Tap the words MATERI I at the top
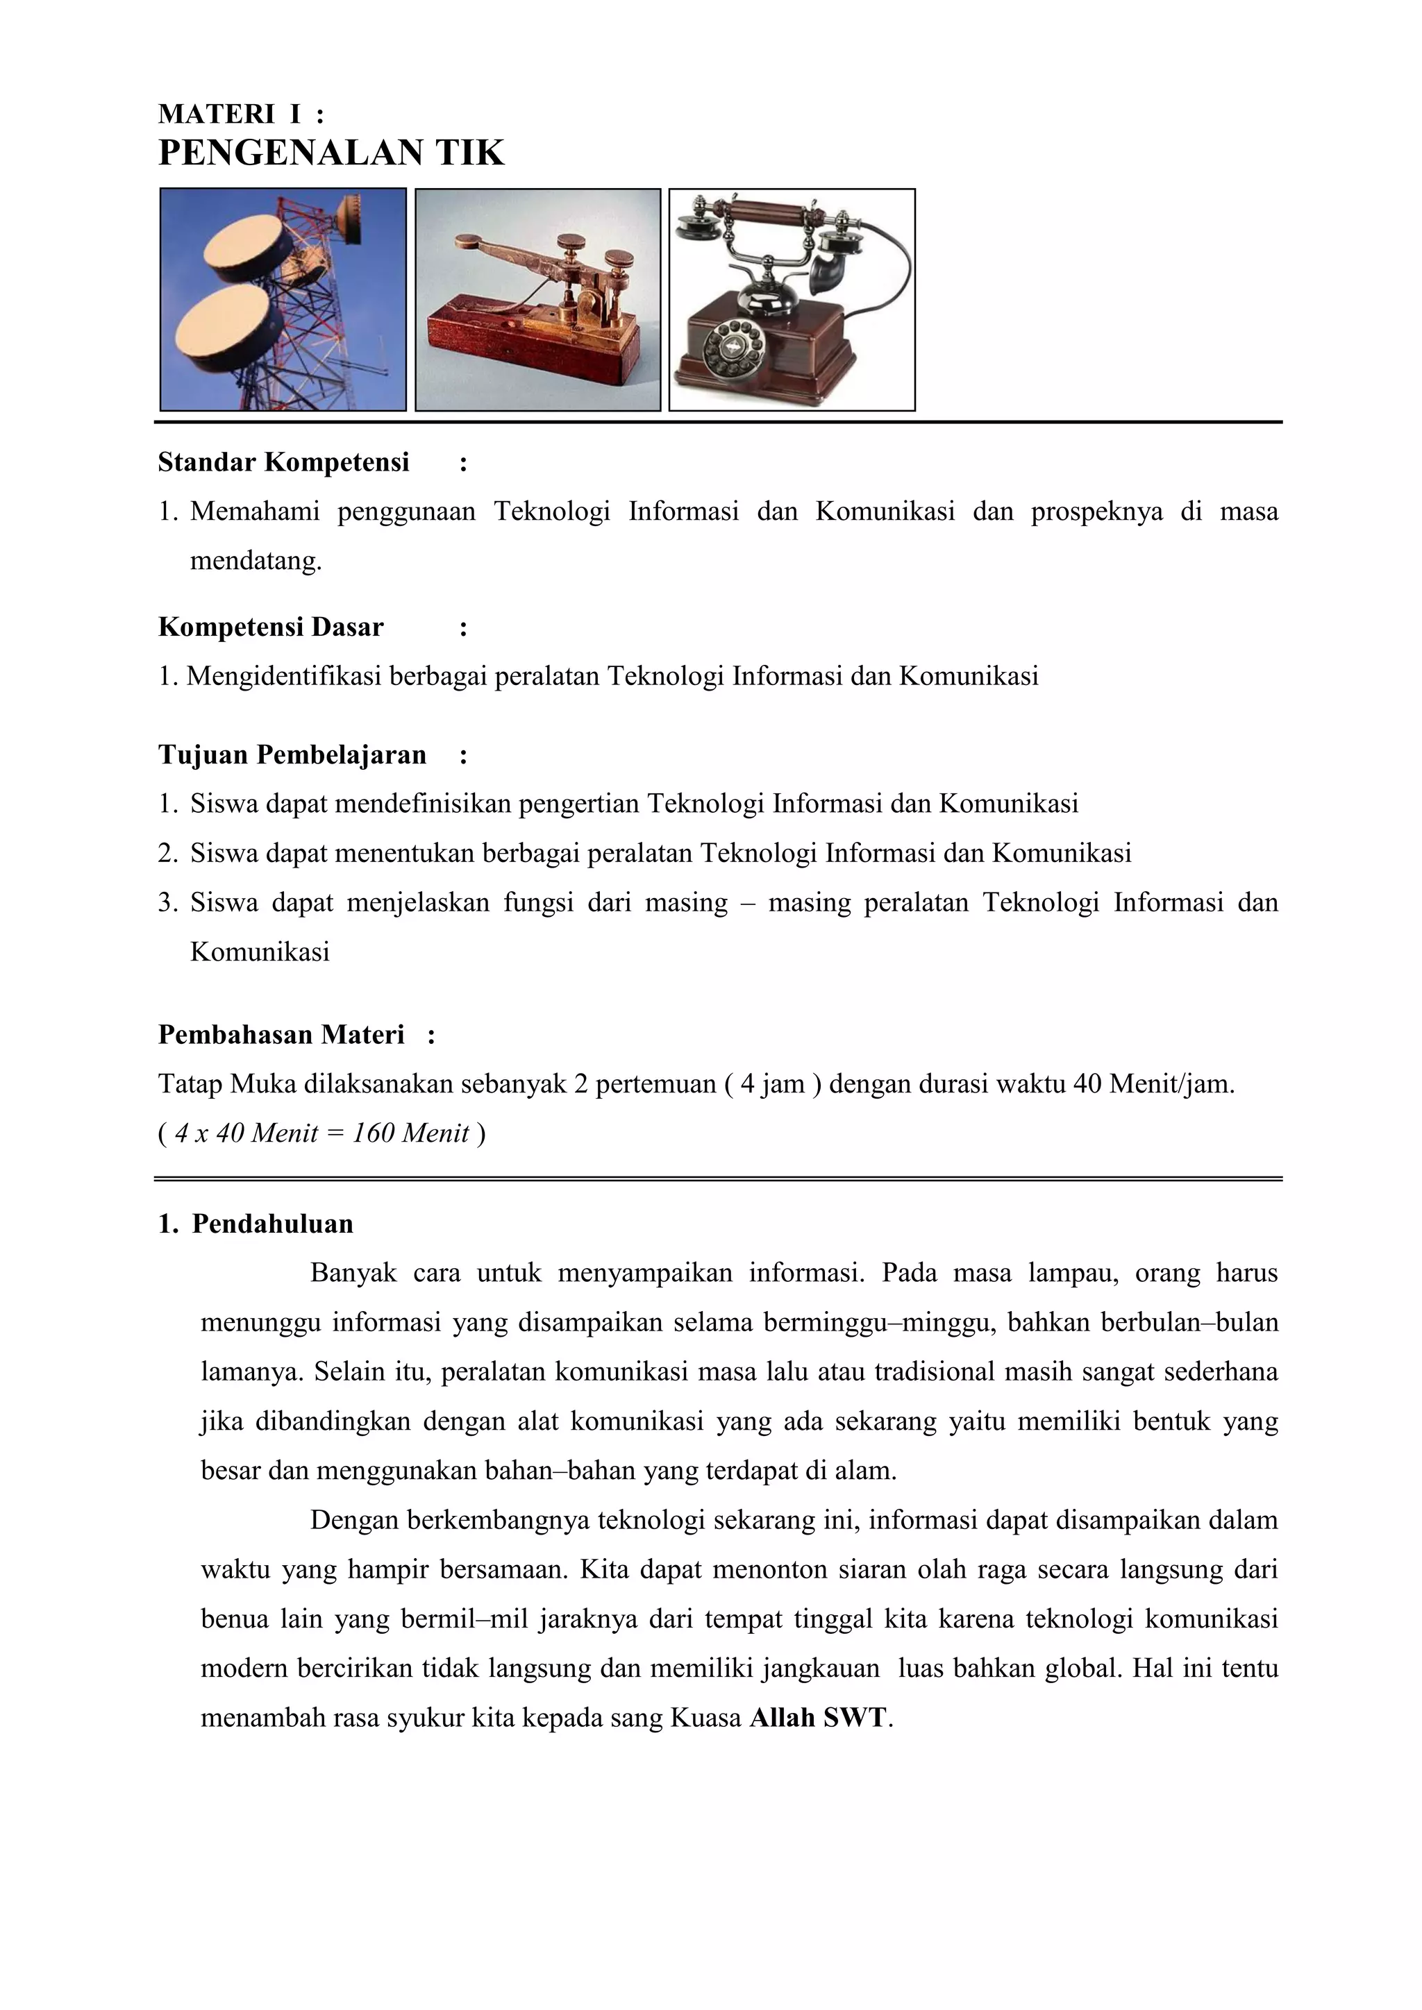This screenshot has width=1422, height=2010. point(229,114)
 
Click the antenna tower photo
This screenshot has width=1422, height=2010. point(283,299)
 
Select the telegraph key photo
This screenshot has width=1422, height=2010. point(537,299)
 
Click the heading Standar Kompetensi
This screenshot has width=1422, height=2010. point(284,462)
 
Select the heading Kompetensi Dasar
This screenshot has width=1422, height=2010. point(271,627)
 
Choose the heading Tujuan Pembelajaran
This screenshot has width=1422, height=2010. point(292,754)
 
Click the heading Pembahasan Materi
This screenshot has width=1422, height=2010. point(281,1035)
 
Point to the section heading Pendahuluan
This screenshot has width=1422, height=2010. point(272,1224)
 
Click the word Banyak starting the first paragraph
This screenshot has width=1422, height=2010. point(353,1273)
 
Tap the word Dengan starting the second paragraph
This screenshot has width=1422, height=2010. point(353,1520)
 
